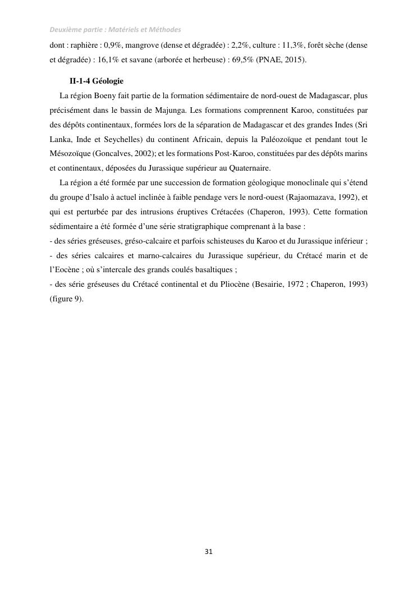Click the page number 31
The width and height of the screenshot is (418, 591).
(209, 552)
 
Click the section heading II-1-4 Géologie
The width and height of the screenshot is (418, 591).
(96, 81)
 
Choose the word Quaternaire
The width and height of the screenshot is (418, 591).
(248, 168)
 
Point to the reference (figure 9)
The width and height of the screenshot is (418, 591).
(66, 299)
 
